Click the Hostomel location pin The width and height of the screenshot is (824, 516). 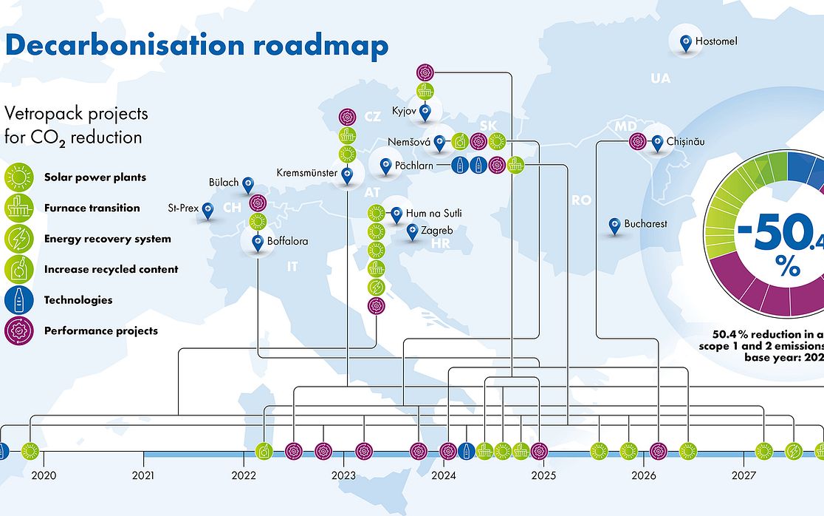686,41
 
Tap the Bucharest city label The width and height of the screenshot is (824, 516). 645,223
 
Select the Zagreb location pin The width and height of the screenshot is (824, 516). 411,231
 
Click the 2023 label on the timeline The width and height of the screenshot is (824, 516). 343,475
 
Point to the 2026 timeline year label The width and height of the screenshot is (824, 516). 644,475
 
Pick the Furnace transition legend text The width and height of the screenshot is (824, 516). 92,208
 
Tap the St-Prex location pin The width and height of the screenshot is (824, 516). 208,210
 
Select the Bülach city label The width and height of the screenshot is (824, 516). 224,183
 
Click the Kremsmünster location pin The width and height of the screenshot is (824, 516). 346,174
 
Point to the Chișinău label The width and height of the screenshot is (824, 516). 686,141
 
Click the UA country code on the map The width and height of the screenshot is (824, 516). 660,78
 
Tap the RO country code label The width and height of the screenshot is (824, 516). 581,200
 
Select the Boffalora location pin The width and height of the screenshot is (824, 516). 258,241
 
